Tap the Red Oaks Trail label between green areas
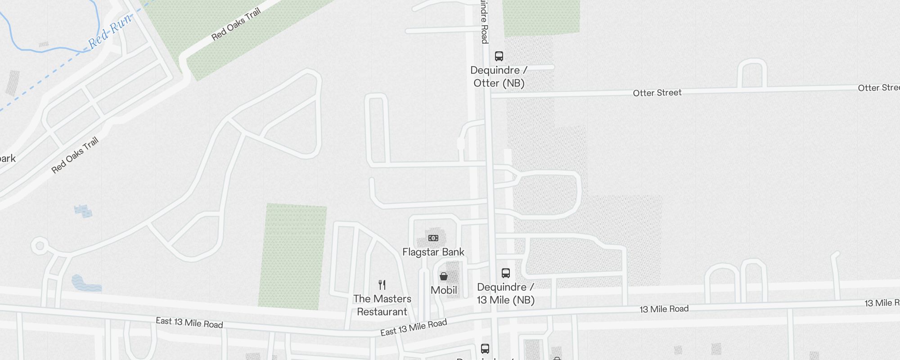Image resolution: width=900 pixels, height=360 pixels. click(236, 24)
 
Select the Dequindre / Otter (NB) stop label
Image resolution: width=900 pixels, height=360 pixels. click(499, 76)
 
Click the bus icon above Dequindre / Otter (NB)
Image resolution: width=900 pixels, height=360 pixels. click(499, 56)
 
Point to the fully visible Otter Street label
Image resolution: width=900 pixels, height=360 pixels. click(657, 93)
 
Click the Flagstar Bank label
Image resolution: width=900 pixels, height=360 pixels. click(433, 252)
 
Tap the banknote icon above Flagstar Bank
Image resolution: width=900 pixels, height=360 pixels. click(433, 238)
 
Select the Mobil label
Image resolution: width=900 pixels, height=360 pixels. click(444, 290)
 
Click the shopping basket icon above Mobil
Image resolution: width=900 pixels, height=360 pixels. click(444, 276)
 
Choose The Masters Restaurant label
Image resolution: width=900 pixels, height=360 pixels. click(382, 305)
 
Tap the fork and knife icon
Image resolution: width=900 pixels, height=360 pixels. click(382, 285)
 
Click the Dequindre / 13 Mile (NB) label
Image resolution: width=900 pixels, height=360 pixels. click(505, 293)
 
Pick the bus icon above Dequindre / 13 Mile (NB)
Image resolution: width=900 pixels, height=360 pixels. click(505, 273)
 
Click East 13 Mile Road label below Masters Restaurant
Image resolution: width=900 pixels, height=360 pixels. click(414, 327)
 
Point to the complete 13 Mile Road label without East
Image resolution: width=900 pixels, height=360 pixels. click(664, 309)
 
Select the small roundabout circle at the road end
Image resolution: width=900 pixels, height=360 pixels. click(40, 246)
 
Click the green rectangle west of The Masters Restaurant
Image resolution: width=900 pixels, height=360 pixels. click(292, 256)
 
